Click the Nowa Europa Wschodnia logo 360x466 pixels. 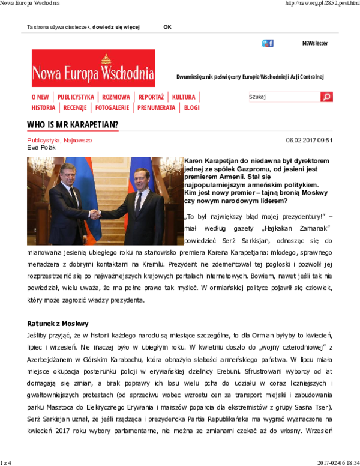[x=93, y=68]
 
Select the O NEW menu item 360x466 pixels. [x=40, y=97]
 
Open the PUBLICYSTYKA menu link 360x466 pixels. [x=76, y=97]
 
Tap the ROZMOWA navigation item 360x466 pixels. [x=116, y=97]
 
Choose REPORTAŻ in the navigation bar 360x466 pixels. [x=151, y=97]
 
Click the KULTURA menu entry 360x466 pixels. [x=184, y=97]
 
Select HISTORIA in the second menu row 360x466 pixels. [x=43, y=108]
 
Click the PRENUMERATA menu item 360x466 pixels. [x=156, y=108]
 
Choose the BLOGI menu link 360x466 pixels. [x=191, y=108]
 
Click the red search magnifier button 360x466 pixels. [x=326, y=97]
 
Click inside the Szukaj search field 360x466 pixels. [x=284, y=97]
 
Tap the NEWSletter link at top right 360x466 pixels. [x=314, y=43]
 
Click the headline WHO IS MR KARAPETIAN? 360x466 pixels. [x=73, y=124]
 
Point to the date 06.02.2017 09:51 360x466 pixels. [x=309, y=140]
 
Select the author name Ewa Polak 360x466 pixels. [x=41, y=147]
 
